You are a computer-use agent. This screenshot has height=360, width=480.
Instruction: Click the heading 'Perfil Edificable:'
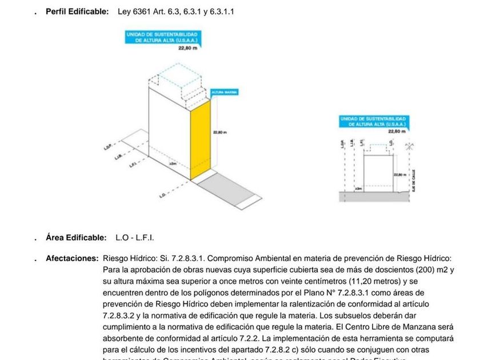[77, 11]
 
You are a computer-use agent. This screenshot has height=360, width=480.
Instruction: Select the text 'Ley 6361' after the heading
[133, 11]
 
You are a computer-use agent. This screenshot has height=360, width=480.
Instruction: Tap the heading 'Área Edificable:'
[76, 237]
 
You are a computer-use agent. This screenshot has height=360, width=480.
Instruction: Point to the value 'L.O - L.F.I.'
[135, 237]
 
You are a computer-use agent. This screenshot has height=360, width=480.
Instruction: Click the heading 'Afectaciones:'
[72, 258]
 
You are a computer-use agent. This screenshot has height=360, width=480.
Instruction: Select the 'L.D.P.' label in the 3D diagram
[108, 147]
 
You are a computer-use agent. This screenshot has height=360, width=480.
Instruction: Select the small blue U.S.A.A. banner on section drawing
[373, 121]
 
